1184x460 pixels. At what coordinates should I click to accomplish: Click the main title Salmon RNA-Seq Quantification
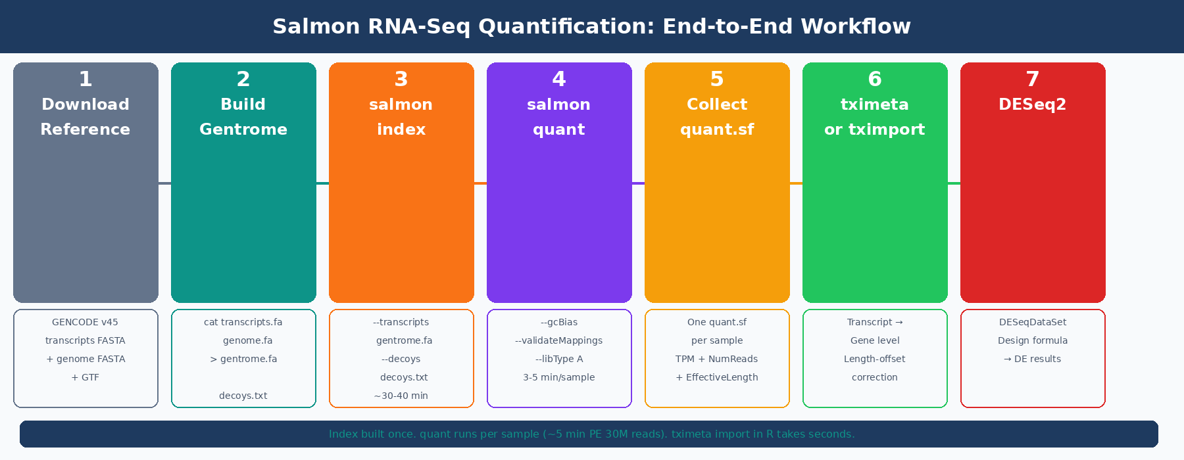(591, 26)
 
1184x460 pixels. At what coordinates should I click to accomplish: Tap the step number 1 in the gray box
(86, 79)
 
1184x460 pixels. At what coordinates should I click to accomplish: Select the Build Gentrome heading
(243, 117)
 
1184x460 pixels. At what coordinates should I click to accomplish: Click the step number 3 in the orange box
(401, 79)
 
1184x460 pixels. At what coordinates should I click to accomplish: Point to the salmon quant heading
(559, 117)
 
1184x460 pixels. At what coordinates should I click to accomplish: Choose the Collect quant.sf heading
(717, 117)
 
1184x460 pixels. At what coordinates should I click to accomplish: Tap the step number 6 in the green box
(875, 79)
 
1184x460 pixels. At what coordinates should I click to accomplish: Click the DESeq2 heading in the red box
(1032, 104)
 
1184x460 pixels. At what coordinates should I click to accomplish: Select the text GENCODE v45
(85, 322)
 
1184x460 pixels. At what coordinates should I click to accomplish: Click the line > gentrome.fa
(243, 359)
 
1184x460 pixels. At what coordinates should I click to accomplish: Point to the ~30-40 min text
(401, 396)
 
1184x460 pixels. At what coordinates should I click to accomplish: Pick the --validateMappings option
(558, 340)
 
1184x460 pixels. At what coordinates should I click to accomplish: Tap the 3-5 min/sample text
(558, 377)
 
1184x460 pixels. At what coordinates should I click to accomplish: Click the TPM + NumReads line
(716, 359)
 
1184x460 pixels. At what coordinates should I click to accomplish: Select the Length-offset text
(874, 359)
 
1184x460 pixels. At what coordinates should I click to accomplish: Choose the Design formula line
(1032, 340)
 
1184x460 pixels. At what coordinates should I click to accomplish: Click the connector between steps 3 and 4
(480, 183)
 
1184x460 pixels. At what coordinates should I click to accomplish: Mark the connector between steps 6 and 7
(954, 183)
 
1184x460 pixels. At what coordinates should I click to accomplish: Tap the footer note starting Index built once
(591, 434)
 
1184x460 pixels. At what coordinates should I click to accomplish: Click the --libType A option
(558, 359)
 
